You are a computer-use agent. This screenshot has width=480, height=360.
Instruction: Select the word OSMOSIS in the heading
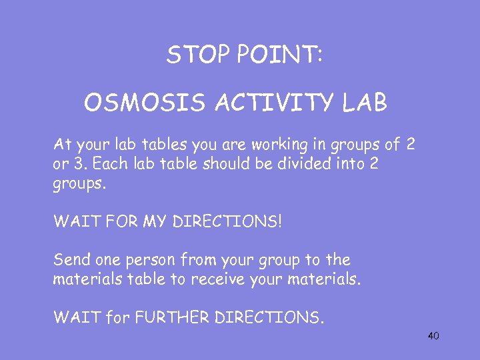point(135,103)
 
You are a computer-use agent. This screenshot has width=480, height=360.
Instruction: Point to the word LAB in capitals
point(364,103)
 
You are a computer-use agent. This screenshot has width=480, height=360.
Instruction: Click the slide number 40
point(433,336)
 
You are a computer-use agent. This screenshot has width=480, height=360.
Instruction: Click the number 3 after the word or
point(73,164)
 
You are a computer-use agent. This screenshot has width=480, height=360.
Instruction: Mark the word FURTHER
point(173,317)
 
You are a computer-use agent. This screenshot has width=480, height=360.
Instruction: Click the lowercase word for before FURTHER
point(119,317)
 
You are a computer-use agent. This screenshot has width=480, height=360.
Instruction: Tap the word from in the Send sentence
point(189,260)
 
